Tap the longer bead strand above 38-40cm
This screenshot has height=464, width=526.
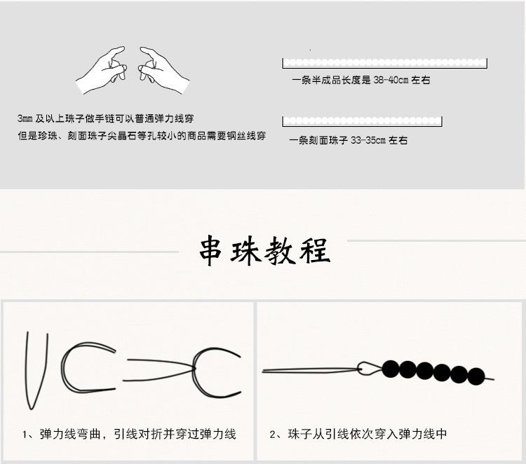tap(384, 63)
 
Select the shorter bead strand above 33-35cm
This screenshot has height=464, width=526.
tap(362, 121)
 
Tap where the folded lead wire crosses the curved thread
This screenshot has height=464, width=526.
tap(196, 365)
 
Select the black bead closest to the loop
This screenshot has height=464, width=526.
tap(391, 368)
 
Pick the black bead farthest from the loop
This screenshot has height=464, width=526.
tap(476, 375)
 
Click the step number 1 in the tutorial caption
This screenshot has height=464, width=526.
tap(25, 435)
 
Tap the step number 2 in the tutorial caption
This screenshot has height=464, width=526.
tap(274, 435)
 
